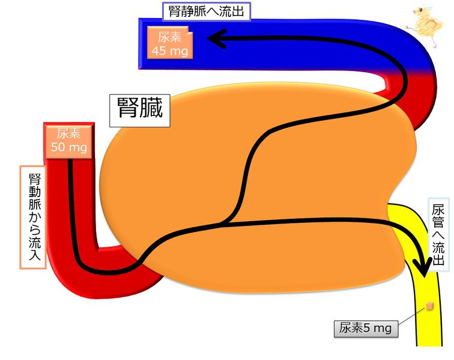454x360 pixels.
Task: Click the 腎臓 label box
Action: tap(139, 111)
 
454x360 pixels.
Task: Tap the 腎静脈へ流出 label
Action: tap(206, 11)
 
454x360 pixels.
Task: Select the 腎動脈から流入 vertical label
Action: tap(34, 217)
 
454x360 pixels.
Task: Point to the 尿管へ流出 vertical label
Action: tap(438, 235)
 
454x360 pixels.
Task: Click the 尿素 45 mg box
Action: tap(170, 43)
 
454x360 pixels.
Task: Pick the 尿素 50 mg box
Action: tap(69, 141)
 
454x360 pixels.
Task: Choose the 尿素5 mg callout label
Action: tap(366, 329)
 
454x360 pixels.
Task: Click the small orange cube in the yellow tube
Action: tap(430, 307)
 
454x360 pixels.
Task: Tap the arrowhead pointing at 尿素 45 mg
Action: tap(217, 38)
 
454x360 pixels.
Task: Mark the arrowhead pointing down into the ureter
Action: tap(423, 267)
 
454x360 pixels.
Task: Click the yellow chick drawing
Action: tap(426, 26)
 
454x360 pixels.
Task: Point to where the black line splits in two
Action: tap(225, 224)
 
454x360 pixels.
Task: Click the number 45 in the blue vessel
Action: tap(159, 51)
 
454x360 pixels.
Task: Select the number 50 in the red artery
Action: tap(58, 147)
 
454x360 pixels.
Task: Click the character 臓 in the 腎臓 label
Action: tap(151, 107)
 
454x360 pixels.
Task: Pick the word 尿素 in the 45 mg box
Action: tap(170, 37)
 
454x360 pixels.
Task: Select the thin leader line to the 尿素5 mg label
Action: tap(413, 315)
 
